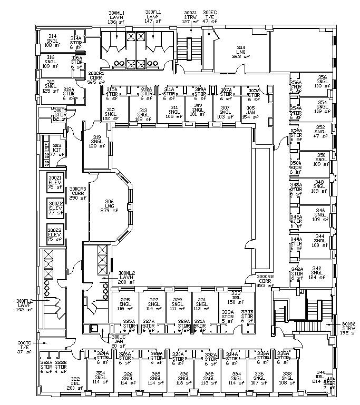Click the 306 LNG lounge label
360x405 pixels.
tap(109, 206)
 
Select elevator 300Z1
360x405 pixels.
tap(55, 182)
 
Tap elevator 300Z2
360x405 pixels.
tap(55, 208)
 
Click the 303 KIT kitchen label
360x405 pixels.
tap(56, 150)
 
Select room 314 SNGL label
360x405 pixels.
tap(52, 41)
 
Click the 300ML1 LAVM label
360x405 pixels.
tap(115, 17)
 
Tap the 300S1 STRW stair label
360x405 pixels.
tap(190, 17)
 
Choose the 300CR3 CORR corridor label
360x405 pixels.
tap(77, 193)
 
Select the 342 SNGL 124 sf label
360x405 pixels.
tap(316, 272)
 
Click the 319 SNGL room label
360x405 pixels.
tap(96, 141)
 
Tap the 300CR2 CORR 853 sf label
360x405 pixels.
tap(265, 281)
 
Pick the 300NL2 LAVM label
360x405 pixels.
tap(127, 278)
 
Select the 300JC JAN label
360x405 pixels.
tap(118, 341)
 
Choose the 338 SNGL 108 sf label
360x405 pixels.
tap(287, 378)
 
